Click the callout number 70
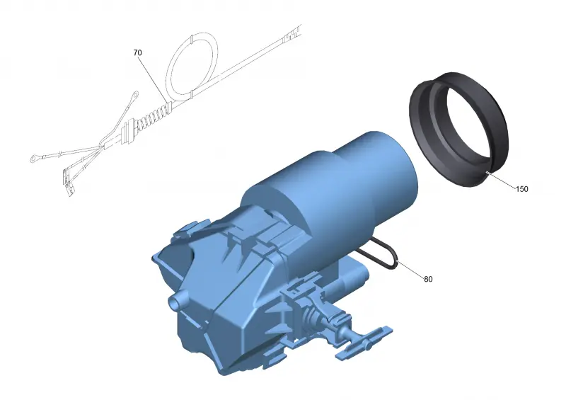137,53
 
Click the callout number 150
521,189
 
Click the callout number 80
428,279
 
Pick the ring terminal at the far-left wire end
35,158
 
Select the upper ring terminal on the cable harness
135,95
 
